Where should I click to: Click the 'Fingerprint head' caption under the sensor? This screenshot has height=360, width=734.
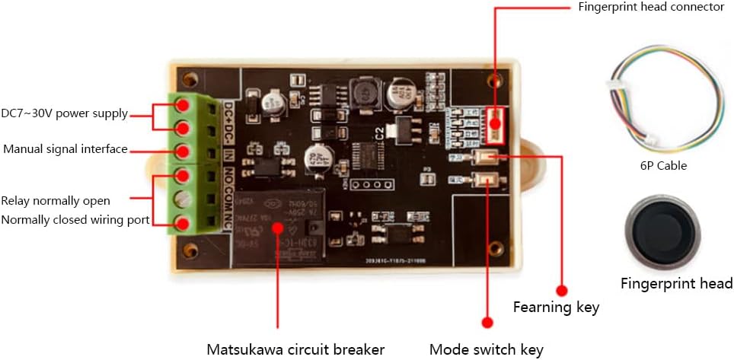(x=676, y=284)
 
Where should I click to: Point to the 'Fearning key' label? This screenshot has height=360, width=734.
(x=556, y=307)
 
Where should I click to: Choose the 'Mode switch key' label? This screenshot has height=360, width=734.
(x=486, y=349)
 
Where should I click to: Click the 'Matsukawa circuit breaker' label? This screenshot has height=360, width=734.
(x=295, y=349)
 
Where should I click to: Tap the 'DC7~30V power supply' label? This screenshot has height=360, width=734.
(x=64, y=114)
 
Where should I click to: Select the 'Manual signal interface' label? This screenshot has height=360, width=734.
(x=65, y=149)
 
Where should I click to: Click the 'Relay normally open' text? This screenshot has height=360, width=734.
(x=56, y=201)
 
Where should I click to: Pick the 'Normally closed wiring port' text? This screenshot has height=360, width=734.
(x=75, y=220)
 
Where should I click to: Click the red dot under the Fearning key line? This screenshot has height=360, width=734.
(x=563, y=290)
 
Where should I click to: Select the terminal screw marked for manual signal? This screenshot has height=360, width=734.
(x=183, y=150)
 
